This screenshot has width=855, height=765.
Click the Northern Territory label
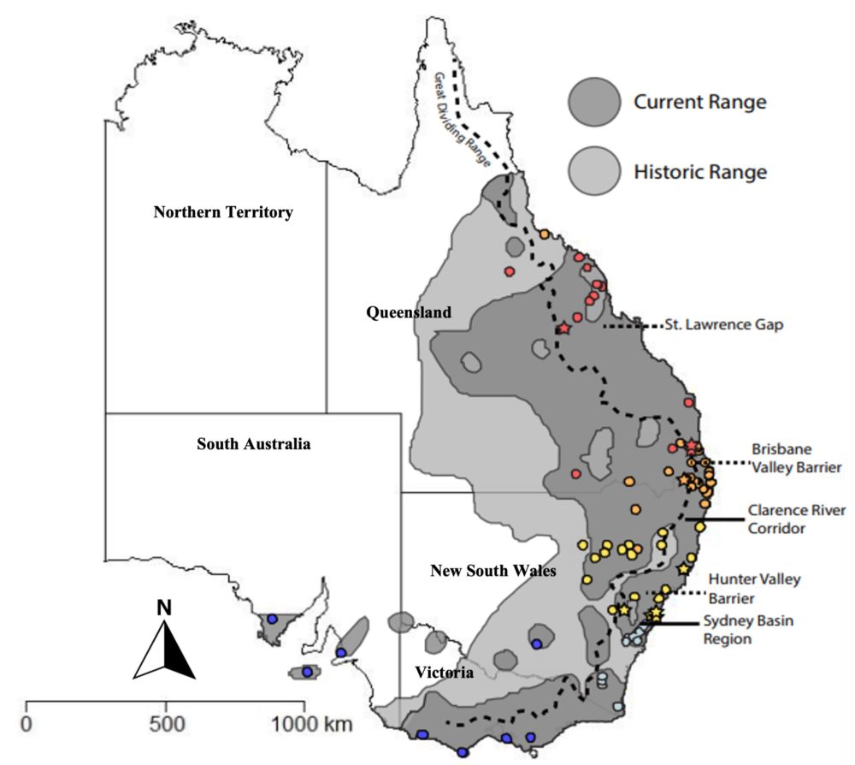[x=223, y=213]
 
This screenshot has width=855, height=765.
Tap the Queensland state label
[x=409, y=313]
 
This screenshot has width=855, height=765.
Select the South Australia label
[x=253, y=444]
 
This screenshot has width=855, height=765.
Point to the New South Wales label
[x=493, y=571]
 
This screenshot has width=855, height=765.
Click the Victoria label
[x=444, y=673]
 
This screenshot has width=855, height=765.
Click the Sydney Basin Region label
[x=750, y=630]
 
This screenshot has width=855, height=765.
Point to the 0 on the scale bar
[x=27, y=724]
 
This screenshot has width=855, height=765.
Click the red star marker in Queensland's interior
[x=563, y=329]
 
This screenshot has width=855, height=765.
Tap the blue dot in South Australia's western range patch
[x=272, y=619]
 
